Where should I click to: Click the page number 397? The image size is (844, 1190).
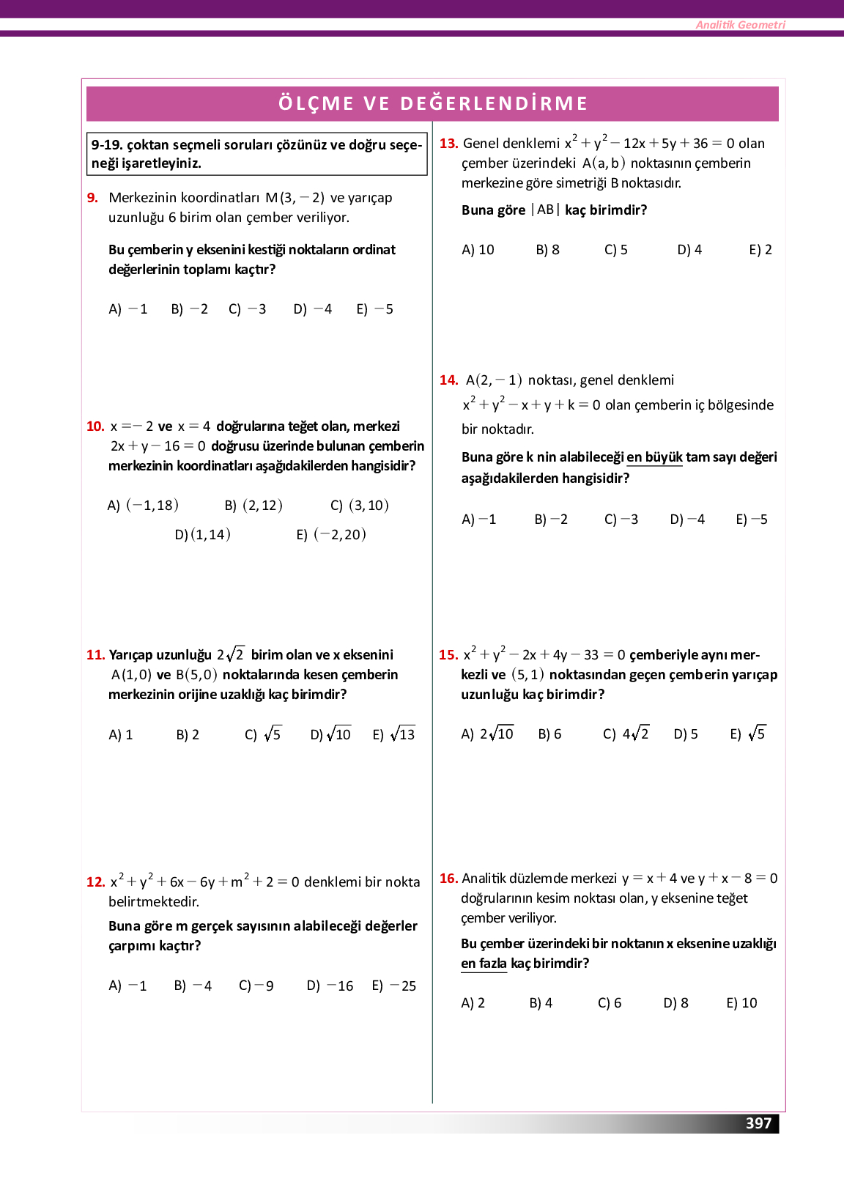(758, 1123)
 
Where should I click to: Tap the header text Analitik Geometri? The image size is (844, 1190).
(740, 25)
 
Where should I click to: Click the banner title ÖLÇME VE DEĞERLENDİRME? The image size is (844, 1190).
(432, 103)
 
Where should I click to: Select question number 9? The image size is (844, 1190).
(92, 198)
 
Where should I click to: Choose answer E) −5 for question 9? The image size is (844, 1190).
(374, 309)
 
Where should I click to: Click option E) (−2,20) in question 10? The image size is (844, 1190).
(331, 535)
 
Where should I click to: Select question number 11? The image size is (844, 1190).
(95, 655)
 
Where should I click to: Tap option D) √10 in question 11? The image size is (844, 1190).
(330, 734)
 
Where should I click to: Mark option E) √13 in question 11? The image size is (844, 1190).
(393, 734)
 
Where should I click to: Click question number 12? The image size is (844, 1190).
(95, 882)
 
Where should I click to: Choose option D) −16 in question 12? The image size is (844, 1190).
(330, 986)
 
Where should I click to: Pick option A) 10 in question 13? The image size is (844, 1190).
(478, 250)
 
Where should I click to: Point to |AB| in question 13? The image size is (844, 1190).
(545, 210)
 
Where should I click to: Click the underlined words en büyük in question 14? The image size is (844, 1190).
(654, 457)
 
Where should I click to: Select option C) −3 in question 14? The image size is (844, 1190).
(621, 520)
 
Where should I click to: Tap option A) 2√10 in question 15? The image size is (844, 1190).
(487, 734)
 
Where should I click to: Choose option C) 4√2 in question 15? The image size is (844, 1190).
(626, 734)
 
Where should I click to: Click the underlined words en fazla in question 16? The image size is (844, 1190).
(484, 964)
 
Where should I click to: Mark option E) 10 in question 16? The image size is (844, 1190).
(741, 1003)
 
